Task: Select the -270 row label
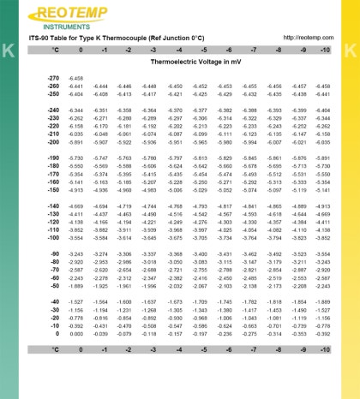click(x=51, y=78)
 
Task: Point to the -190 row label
click(x=51, y=134)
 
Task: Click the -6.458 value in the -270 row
click(x=75, y=78)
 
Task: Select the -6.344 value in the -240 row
click(x=75, y=110)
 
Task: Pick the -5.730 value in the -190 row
click(x=75, y=134)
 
